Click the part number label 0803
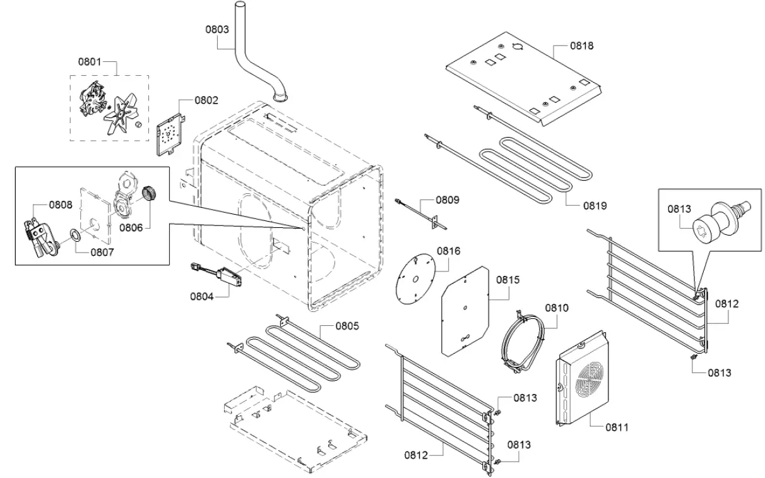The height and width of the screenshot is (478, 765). click(x=217, y=29)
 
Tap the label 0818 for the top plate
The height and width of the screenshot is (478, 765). click(x=581, y=45)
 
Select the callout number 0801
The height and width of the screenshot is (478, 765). click(x=90, y=61)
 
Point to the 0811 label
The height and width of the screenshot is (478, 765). click(x=617, y=427)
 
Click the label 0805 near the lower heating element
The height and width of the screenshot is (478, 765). click(x=347, y=326)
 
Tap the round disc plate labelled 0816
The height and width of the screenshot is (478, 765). click(x=414, y=280)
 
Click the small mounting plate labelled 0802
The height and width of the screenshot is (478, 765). click(x=169, y=134)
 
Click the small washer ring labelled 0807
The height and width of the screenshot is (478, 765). click(x=73, y=236)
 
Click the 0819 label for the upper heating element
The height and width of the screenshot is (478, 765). click(x=594, y=205)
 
